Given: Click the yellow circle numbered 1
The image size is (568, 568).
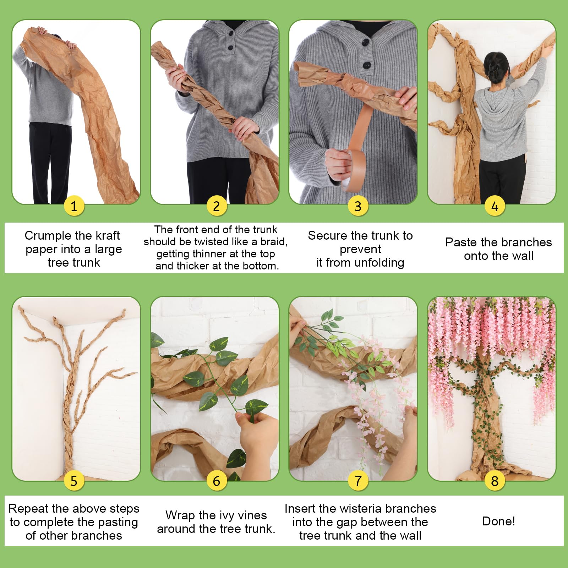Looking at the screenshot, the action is pos(74,206).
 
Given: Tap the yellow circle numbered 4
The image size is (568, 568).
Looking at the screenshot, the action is pos(495,206).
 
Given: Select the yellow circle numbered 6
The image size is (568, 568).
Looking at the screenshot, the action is pos(216,481).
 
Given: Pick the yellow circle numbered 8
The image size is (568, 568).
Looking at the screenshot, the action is pos(495,481).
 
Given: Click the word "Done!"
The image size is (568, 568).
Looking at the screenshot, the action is pos(498,521).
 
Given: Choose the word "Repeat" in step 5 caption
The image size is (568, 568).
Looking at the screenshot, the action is pos(28,509).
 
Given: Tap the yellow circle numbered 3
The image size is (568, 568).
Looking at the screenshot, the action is pos(358,206).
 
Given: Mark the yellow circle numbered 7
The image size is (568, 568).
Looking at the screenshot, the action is pos(358,481).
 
